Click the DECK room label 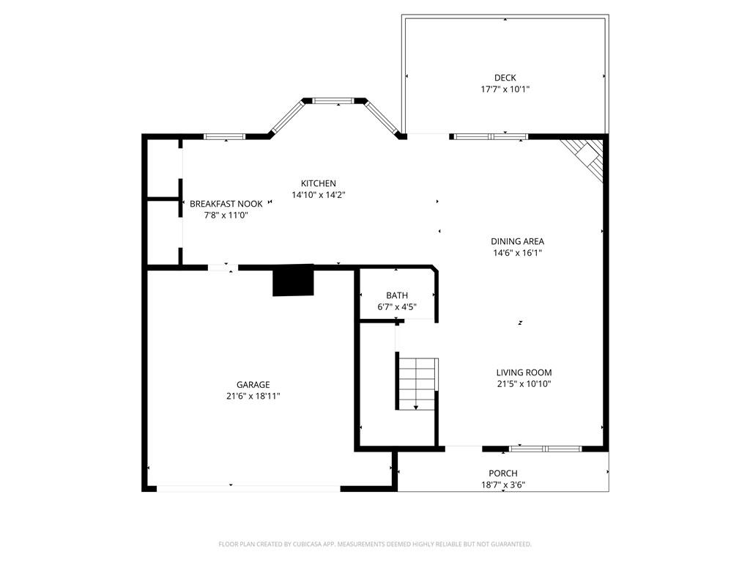point(505,78)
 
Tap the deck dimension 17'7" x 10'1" point(505,89)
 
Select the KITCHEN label point(319,183)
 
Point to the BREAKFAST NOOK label point(226,204)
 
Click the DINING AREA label point(517,241)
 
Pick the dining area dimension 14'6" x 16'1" point(517,253)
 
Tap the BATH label point(397,295)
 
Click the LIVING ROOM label point(523,372)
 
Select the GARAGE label point(253,384)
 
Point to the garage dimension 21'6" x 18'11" point(253,396)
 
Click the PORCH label point(503,474)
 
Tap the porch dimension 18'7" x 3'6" point(503,485)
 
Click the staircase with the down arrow point(417,383)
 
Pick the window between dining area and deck point(489,136)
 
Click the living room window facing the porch point(545,448)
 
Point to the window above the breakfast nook point(224,136)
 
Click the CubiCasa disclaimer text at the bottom point(375,544)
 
